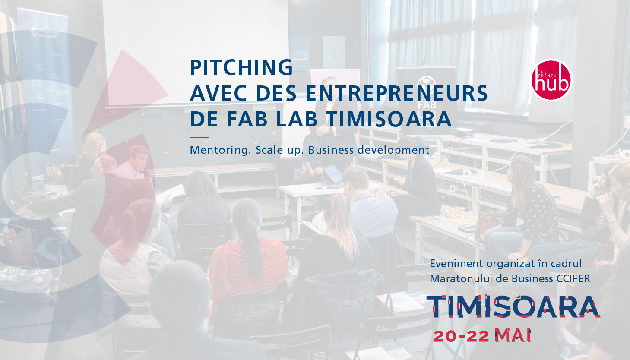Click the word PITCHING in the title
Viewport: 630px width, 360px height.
[241, 67]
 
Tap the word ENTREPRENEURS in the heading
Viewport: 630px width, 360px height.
[396, 93]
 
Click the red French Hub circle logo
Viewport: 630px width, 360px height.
[551, 80]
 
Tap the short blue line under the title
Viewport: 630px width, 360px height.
[199, 138]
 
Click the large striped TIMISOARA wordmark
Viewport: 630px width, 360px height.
[513, 306]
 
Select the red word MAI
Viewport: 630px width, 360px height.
[513, 335]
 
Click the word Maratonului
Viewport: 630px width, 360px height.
[460, 279]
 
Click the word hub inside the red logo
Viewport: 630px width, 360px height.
[552, 83]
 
